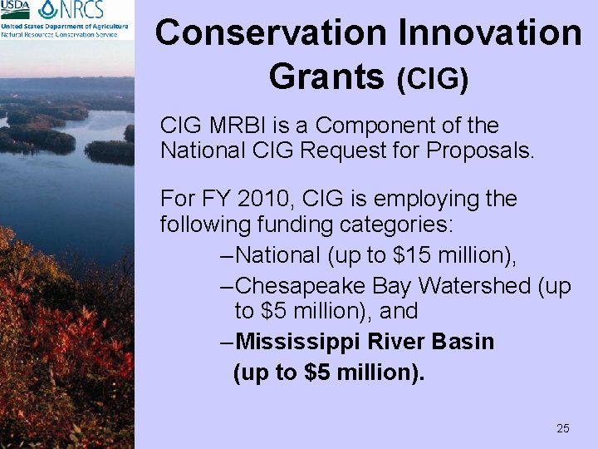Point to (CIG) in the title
click(x=433, y=79)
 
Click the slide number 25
click(x=562, y=428)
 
